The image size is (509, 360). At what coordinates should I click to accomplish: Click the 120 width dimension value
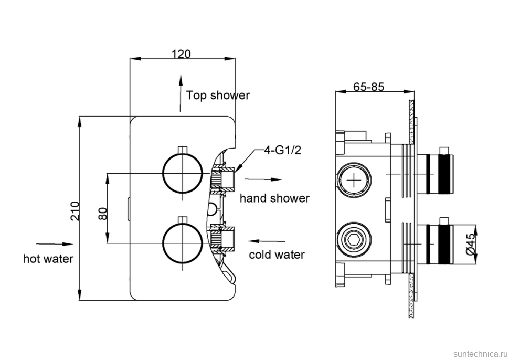pyautogui.click(x=181, y=54)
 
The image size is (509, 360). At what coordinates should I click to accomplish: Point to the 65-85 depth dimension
pyautogui.click(x=368, y=87)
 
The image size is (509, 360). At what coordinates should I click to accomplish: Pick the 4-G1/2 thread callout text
pyautogui.click(x=282, y=151)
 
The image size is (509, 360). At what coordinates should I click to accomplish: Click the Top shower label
pyautogui.click(x=218, y=96)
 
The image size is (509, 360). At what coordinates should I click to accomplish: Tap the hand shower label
pyautogui.click(x=274, y=198)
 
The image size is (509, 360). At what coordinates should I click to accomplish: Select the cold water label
pyautogui.click(x=277, y=255)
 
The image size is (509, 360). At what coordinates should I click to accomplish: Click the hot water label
pyautogui.click(x=48, y=258)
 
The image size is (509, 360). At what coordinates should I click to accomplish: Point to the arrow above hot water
pyautogui.click(x=54, y=243)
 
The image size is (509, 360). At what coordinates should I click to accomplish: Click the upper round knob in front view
pyautogui.click(x=182, y=173)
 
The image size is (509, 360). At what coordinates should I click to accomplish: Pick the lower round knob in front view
pyautogui.click(x=182, y=242)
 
